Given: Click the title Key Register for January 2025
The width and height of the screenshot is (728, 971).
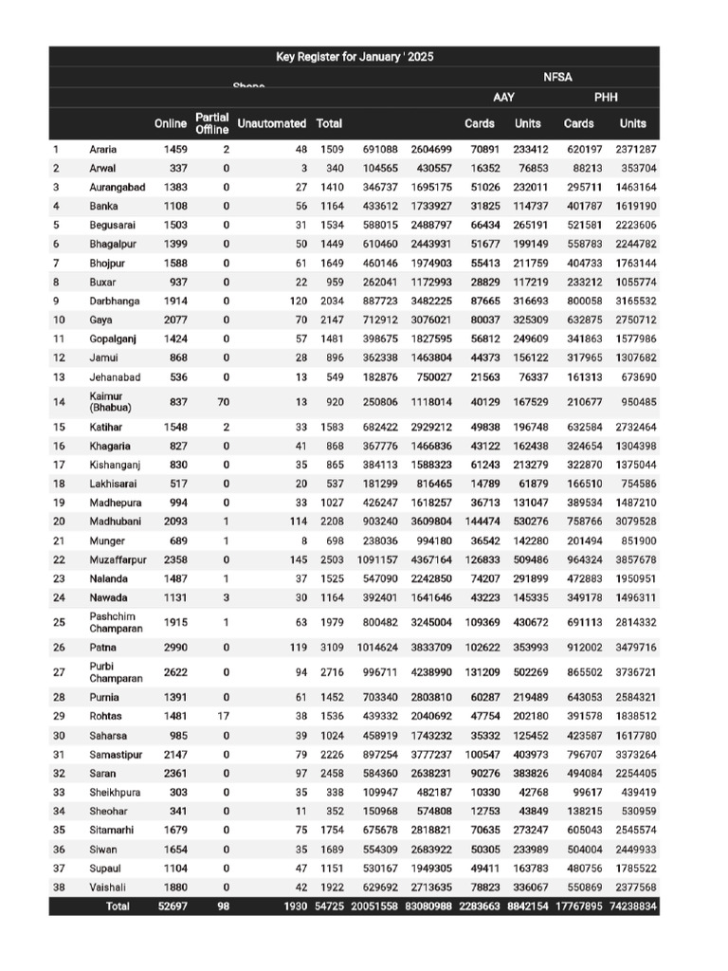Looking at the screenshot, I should pyautogui.click(x=354, y=57).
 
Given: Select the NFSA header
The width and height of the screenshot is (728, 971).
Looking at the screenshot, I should pyautogui.click(x=558, y=77).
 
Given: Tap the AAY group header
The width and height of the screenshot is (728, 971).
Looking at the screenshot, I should pyautogui.click(x=503, y=98).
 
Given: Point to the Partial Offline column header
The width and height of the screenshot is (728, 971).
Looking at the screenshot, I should pyautogui.click(x=212, y=123).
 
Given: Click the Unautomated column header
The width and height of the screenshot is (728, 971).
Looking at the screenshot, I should pyautogui.click(x=272, y=123).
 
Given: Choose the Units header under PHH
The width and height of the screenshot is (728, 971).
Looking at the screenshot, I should pyautogui.click(x=632, y=123).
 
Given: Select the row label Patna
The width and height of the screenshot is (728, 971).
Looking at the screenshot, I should pyautogui.click(x=103, y=648).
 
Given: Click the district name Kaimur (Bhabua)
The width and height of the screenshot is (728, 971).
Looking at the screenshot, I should pyautogui.click(x=113, y=402).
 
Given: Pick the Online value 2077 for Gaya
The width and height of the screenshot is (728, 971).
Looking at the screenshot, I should pyautogui.click(x=175, y=321).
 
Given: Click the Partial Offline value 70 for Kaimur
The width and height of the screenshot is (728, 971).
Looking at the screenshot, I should pyautogui.click(x=224, y=402).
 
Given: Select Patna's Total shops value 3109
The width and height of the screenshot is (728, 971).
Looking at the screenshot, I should pyautogui.click(x=331, y=648).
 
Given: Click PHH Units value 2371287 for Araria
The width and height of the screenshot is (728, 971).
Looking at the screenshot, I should pyautogui.click(x=634, y=150).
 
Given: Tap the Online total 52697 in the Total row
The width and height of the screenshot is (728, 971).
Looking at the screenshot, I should pyautogui.click(x=173, y=907).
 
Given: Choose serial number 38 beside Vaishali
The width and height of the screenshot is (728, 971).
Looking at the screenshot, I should pyautogui.click(x=59, y=888).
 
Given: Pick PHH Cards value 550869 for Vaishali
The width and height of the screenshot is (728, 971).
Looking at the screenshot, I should pyautogui.click(x=578, y=888).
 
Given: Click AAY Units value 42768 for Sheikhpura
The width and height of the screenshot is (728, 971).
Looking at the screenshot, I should pyautogui.click(x=531, y=793).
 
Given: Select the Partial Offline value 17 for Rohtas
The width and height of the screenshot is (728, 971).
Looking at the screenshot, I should pyautogui.click(x=224, y=717).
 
